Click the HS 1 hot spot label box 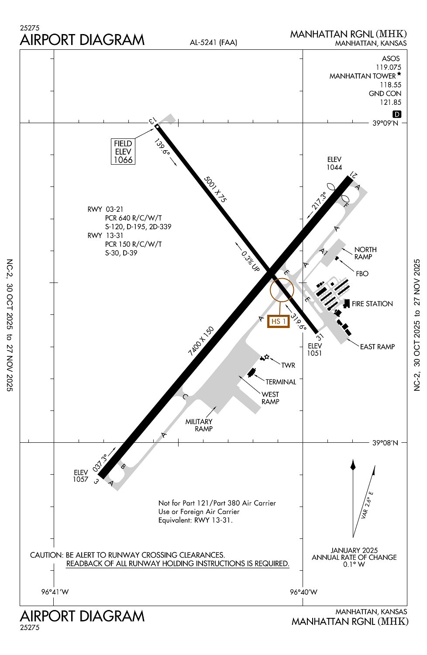pyautogui.click(x=278, y=321)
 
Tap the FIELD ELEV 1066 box pyautogui.click(x=123, y=152)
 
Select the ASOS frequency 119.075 pyautogui.click(x=388, y=67)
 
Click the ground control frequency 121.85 pyautogui.click(x=390, y=102)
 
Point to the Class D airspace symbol pyautogui.click(x=396, y=114)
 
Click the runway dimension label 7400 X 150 pyautogui.click(x=201, y=341)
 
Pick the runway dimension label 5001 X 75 pyautogui.click(x=215, y=189)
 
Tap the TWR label pyautogui.click(x=288, y=365)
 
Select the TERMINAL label pyautogui.click(x=281, y=382)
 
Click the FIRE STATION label pyautogui.click(x=372, y=304)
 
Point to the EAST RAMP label pyautogui.click(x=377, y=347)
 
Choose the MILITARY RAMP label pyautogui.click(x=199, y=425)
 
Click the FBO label pyautogui.click(x=362, y=274)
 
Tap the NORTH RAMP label pyautogui.click(x=365, y=253)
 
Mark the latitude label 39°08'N pyautogui.click(x=385, y=443)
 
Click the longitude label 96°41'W pyautogui.click(x=55, y=592)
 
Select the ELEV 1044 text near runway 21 pyautogui.click(x=334, y=163)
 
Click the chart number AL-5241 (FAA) pyautogui.click(x=213, y=42)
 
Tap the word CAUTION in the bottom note pyautogui.click(x=46, y=555)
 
